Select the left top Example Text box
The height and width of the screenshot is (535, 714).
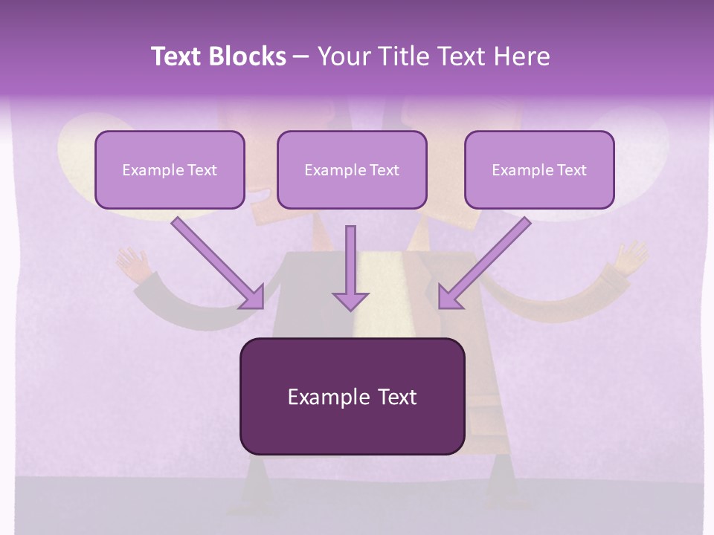pos(170,169)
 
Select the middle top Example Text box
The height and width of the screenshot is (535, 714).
pos(352,169)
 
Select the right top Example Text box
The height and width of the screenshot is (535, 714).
pos(539,169)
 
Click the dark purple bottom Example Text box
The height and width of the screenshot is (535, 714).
pos(352,396)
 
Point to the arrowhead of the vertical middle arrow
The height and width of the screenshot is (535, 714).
pos(350,301)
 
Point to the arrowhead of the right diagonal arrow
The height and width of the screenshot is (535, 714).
pos(449,298)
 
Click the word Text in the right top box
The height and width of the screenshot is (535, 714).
pos(571,170)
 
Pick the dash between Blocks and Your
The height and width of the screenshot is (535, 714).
pos(300,57)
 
